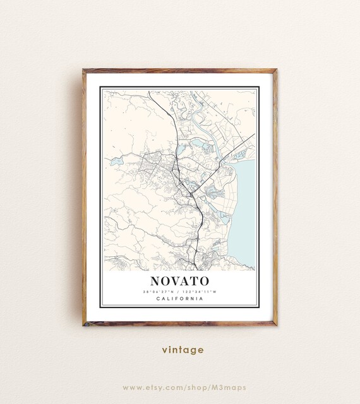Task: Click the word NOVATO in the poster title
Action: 179,280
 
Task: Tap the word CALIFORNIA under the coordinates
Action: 179,299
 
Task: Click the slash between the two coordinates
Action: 179,291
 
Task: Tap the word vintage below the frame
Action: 182,350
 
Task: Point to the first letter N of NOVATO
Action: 155,280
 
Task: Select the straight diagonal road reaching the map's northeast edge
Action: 243,143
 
